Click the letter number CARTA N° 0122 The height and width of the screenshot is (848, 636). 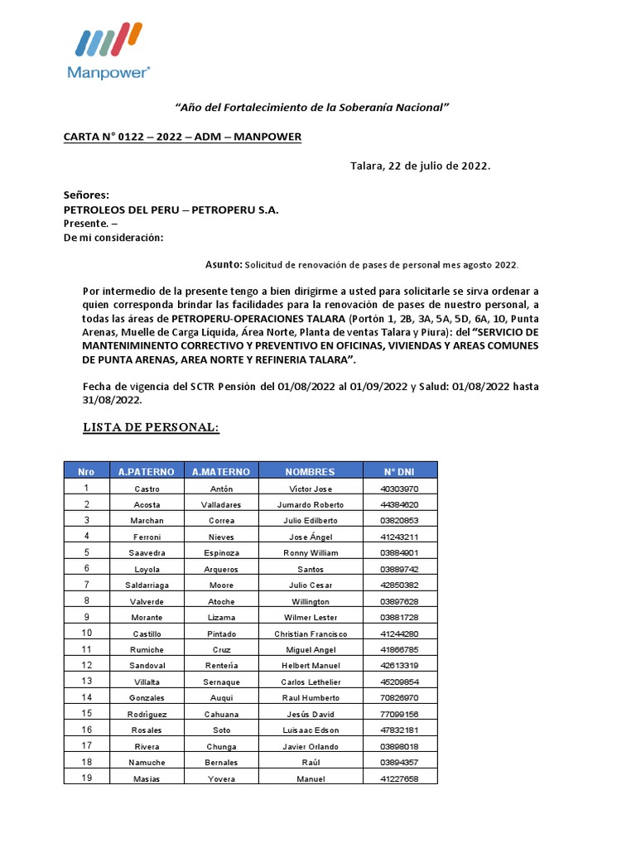[182, 137]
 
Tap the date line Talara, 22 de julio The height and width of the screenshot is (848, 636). [421, 166]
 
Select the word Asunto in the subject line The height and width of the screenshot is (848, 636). [224, 264]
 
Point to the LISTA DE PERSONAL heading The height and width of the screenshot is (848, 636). [151, 427]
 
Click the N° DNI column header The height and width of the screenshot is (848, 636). [399, 471]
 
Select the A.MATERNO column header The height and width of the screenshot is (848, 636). [220, 471]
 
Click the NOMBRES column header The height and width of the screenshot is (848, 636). [310, 471]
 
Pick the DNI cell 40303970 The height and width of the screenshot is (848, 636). [399, 489]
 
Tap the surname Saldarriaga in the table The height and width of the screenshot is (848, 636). [146, 585]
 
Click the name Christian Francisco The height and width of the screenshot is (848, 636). [310, 634]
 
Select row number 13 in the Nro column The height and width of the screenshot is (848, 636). [86, 681]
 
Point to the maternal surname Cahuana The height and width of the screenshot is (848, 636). [221, 714]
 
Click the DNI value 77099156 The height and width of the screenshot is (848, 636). [399, 714]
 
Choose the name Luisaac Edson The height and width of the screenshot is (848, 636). [310, 730]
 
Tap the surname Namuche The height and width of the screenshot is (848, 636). [146, 763]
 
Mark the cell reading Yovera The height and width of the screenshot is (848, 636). [221, 779]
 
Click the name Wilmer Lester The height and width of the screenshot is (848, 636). [310, 618]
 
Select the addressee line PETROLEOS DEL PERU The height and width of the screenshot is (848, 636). [171, 210]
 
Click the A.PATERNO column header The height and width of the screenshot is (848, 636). [146, 471]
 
